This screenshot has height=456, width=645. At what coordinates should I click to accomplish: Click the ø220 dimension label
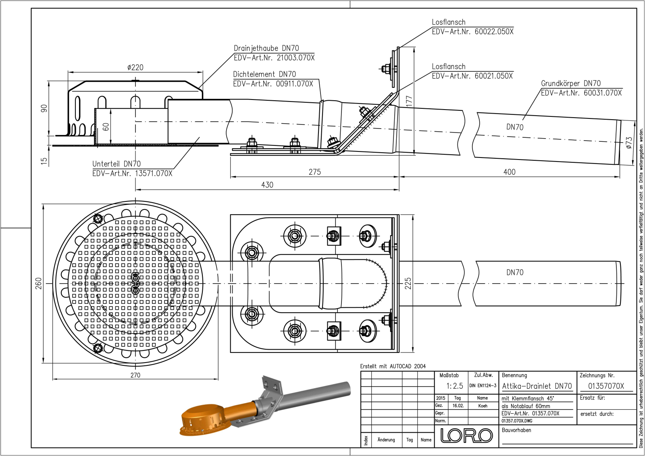tap(135, 67)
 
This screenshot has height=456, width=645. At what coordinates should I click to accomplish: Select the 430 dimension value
tap(267, 185)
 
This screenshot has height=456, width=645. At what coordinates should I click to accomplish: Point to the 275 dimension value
tap(314, 172)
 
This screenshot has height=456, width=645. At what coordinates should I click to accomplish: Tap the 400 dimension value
tap(509, 172)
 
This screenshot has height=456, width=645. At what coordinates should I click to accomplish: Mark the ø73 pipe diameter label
tap(629, 143)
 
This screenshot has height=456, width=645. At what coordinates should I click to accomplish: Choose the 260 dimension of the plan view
tap(38, 283)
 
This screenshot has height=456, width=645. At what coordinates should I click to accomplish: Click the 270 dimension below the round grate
tap(135, 375)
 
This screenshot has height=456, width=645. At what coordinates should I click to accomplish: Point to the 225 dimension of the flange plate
tap(408, 283)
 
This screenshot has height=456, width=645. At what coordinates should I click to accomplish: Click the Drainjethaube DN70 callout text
tap(266, 48)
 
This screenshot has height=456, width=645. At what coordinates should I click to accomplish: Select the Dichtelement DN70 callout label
tap(264, 74)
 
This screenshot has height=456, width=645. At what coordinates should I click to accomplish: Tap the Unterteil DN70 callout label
tap(117, 164)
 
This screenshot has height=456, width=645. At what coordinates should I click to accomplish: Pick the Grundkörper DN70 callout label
tap(570, 83)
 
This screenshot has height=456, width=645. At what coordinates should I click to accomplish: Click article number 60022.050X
tap(494, 31)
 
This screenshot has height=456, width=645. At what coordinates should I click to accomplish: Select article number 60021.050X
tap(493, 76)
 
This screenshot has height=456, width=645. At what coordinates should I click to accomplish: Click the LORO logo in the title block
tap(466, 435)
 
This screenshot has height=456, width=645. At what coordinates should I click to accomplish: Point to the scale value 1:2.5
tap(454, 386)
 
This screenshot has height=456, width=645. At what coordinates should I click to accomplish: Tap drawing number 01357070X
tap(606, 386)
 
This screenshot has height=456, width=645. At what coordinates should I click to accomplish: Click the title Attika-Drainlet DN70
tap(537, 386)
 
